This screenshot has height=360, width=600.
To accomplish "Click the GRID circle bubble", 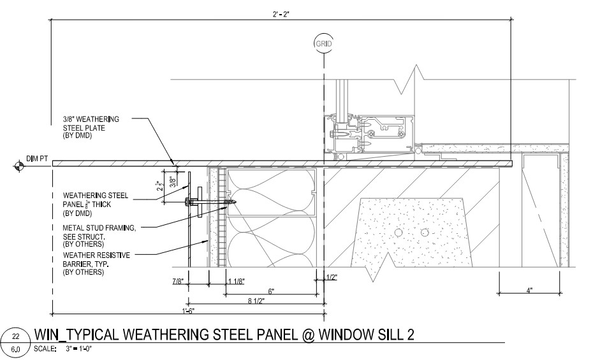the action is pos(323,43).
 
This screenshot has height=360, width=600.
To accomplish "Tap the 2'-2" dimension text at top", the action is pos(281,15).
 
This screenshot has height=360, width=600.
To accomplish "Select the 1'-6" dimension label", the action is pos(188,310).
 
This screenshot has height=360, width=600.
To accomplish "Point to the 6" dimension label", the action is pos(271,291).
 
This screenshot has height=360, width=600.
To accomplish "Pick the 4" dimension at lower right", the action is pos(529,291).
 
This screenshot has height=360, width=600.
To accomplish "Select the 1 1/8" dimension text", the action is pos(237,282).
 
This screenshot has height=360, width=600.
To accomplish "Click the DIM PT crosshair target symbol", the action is pos(18,166).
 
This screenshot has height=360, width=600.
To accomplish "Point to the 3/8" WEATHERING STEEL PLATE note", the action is pos(91,127).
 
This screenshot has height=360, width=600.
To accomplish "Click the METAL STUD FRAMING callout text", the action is pos(99,236).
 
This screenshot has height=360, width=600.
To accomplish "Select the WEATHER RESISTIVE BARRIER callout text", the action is pos(96,264).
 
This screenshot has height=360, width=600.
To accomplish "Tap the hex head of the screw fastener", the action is pos(187,201).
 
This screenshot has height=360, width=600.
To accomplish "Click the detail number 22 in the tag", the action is pos(16,336).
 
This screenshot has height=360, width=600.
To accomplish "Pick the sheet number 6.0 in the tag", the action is pos(16,349).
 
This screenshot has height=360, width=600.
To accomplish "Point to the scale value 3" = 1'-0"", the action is pos(79,349).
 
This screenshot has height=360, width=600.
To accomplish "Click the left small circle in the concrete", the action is pos(399,232).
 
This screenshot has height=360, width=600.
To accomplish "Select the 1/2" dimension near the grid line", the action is pos(332,277).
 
